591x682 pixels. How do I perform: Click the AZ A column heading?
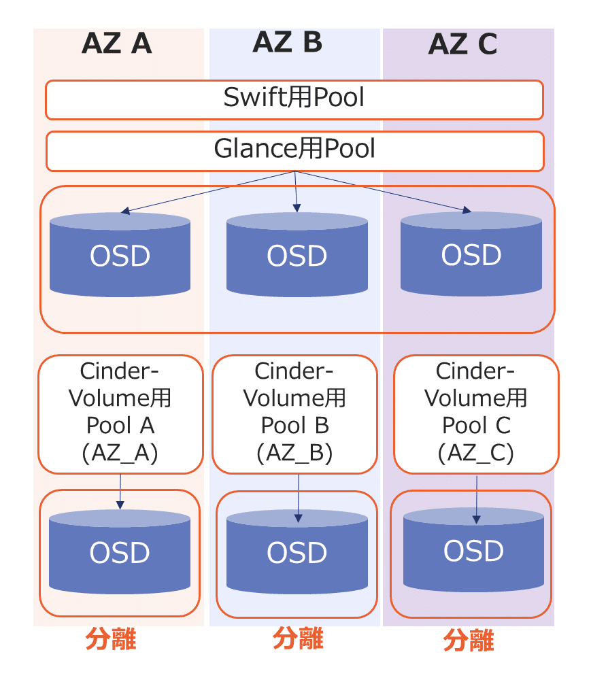click(116, 44)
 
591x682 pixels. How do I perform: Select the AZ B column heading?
click(287, 42)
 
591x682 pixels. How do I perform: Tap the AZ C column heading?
click(462, 45)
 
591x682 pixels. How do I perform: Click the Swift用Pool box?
click(294, 99)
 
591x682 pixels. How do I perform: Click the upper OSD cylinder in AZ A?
click(120, 255)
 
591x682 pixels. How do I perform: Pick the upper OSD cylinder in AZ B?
click(297, 255)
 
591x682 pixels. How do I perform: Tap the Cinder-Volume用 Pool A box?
click(120, 413)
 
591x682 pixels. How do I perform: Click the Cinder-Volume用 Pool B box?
click(294, 413)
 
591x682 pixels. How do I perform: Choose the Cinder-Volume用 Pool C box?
click(476, 413)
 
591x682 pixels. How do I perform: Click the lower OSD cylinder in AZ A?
click(120, 552)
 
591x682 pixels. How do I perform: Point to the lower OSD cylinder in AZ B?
click(297, 552)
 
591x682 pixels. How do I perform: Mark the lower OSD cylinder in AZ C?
click(473, 550)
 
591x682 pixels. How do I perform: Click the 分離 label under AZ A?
click(111, 640)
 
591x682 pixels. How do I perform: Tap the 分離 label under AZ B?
click(297, 638)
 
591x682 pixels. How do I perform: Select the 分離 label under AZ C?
click(469, 641)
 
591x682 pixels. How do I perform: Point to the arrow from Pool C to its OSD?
click(476, 499)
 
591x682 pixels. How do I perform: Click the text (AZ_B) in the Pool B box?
click(294, 453)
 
